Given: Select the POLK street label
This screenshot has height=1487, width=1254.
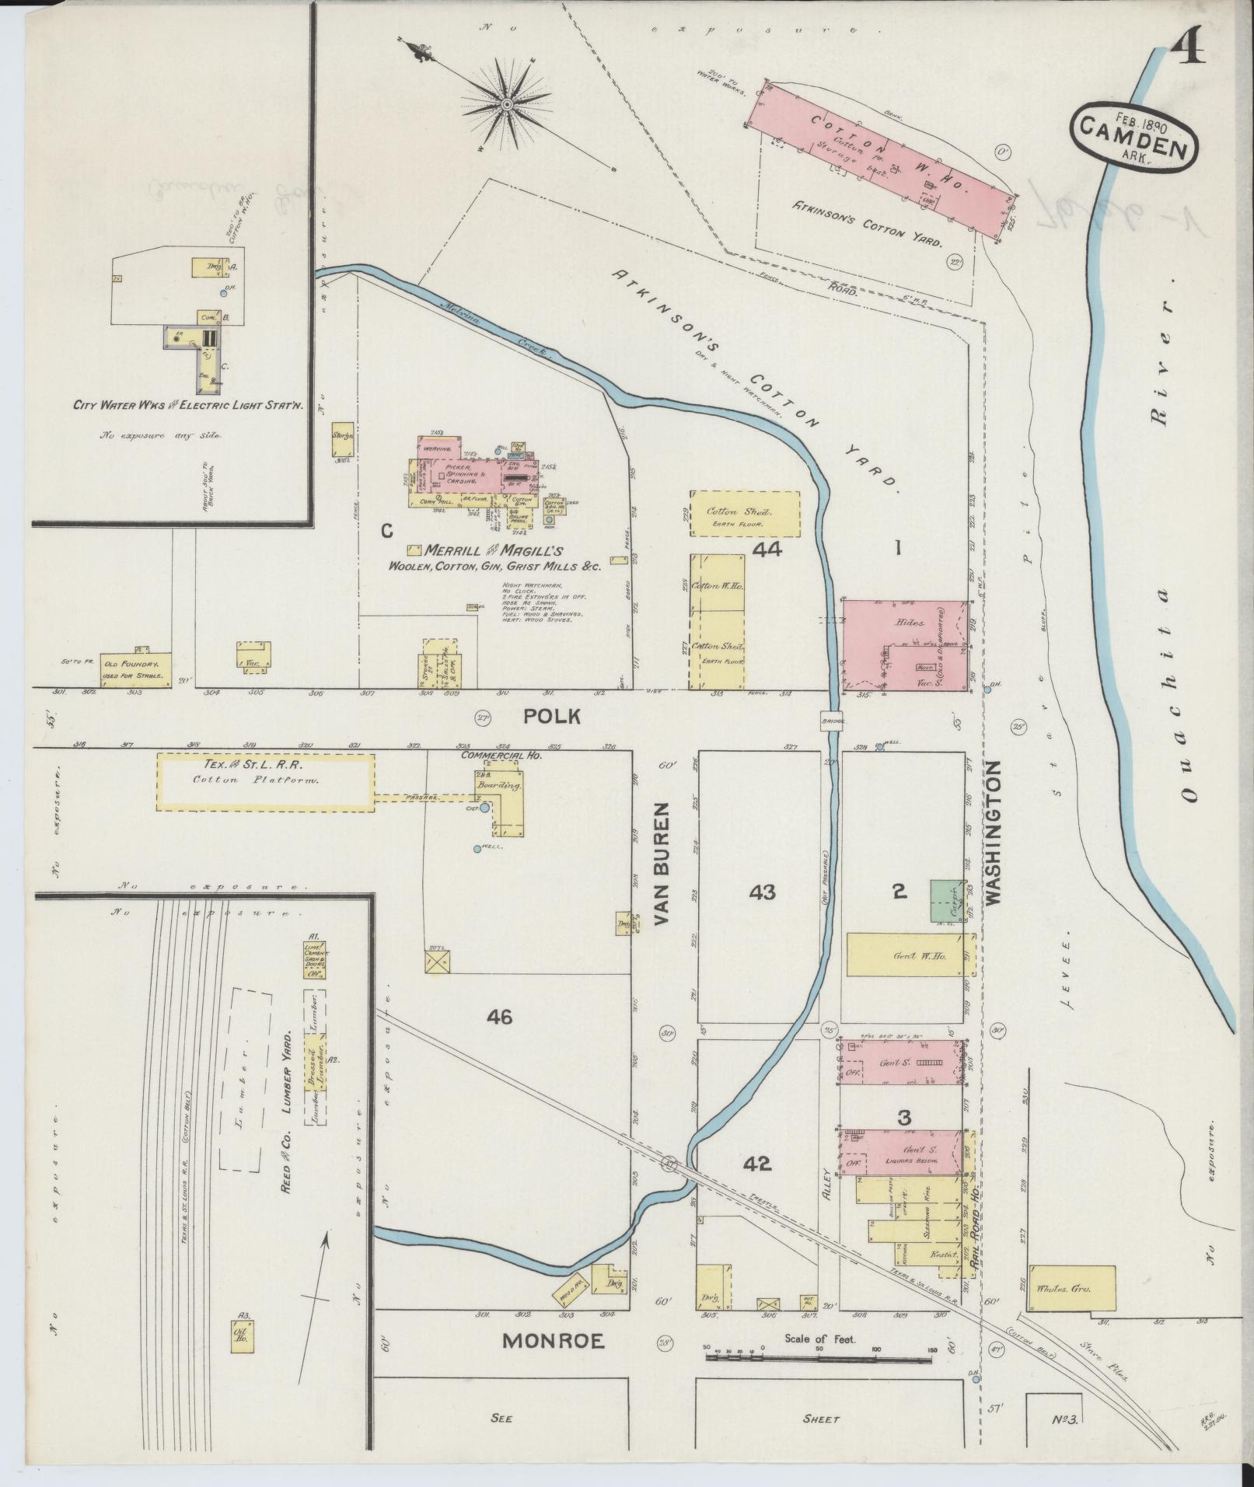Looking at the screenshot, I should (x=550, y=716).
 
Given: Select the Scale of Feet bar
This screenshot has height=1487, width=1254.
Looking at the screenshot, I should (x=819, y=1356).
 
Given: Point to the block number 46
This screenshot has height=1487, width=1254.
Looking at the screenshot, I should (x=500, y=1016).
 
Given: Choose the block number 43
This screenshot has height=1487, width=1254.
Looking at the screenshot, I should (x=762, y=892).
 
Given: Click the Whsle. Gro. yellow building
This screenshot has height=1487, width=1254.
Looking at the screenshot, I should (x=1071, y=1288).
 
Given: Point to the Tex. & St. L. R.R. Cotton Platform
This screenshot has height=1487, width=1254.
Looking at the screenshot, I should (x=266, y=781).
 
